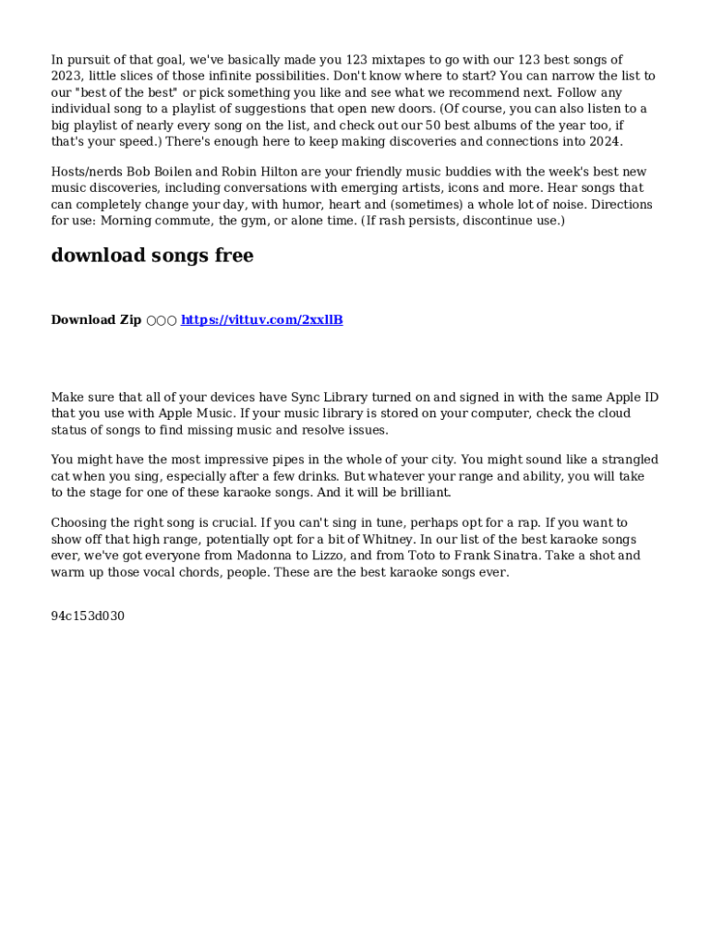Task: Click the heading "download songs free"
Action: pyautogui.click(x=152, y=257)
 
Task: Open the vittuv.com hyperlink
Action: pyautogui.click(x=262, y=320)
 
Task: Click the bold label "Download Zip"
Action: pyautogui.click(x=96, y=320)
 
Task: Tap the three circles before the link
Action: pyautogui.click(x=162, y=320)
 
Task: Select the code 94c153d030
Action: pyautogui.click(x=88, y=616)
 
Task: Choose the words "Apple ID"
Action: pyautogui.click(x=633, y=398)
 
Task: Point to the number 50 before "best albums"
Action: pyautogui.click(x=433, y=126)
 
